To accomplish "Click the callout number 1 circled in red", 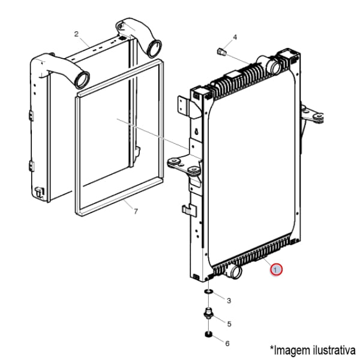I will click(276, 271).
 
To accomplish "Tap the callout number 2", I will click(77, 34).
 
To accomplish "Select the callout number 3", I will click(228, 299).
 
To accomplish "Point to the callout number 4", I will click(235, 37).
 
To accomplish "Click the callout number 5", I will click(229, 324).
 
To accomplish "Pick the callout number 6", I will click(227, 344).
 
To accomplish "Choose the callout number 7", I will click(136, 211).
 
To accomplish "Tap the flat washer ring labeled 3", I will click(208, 292).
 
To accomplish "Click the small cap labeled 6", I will click(208, 334).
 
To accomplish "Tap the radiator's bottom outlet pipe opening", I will click(235, 272).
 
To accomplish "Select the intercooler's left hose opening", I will click(82, 79).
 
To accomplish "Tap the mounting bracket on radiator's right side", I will click(314, 116).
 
